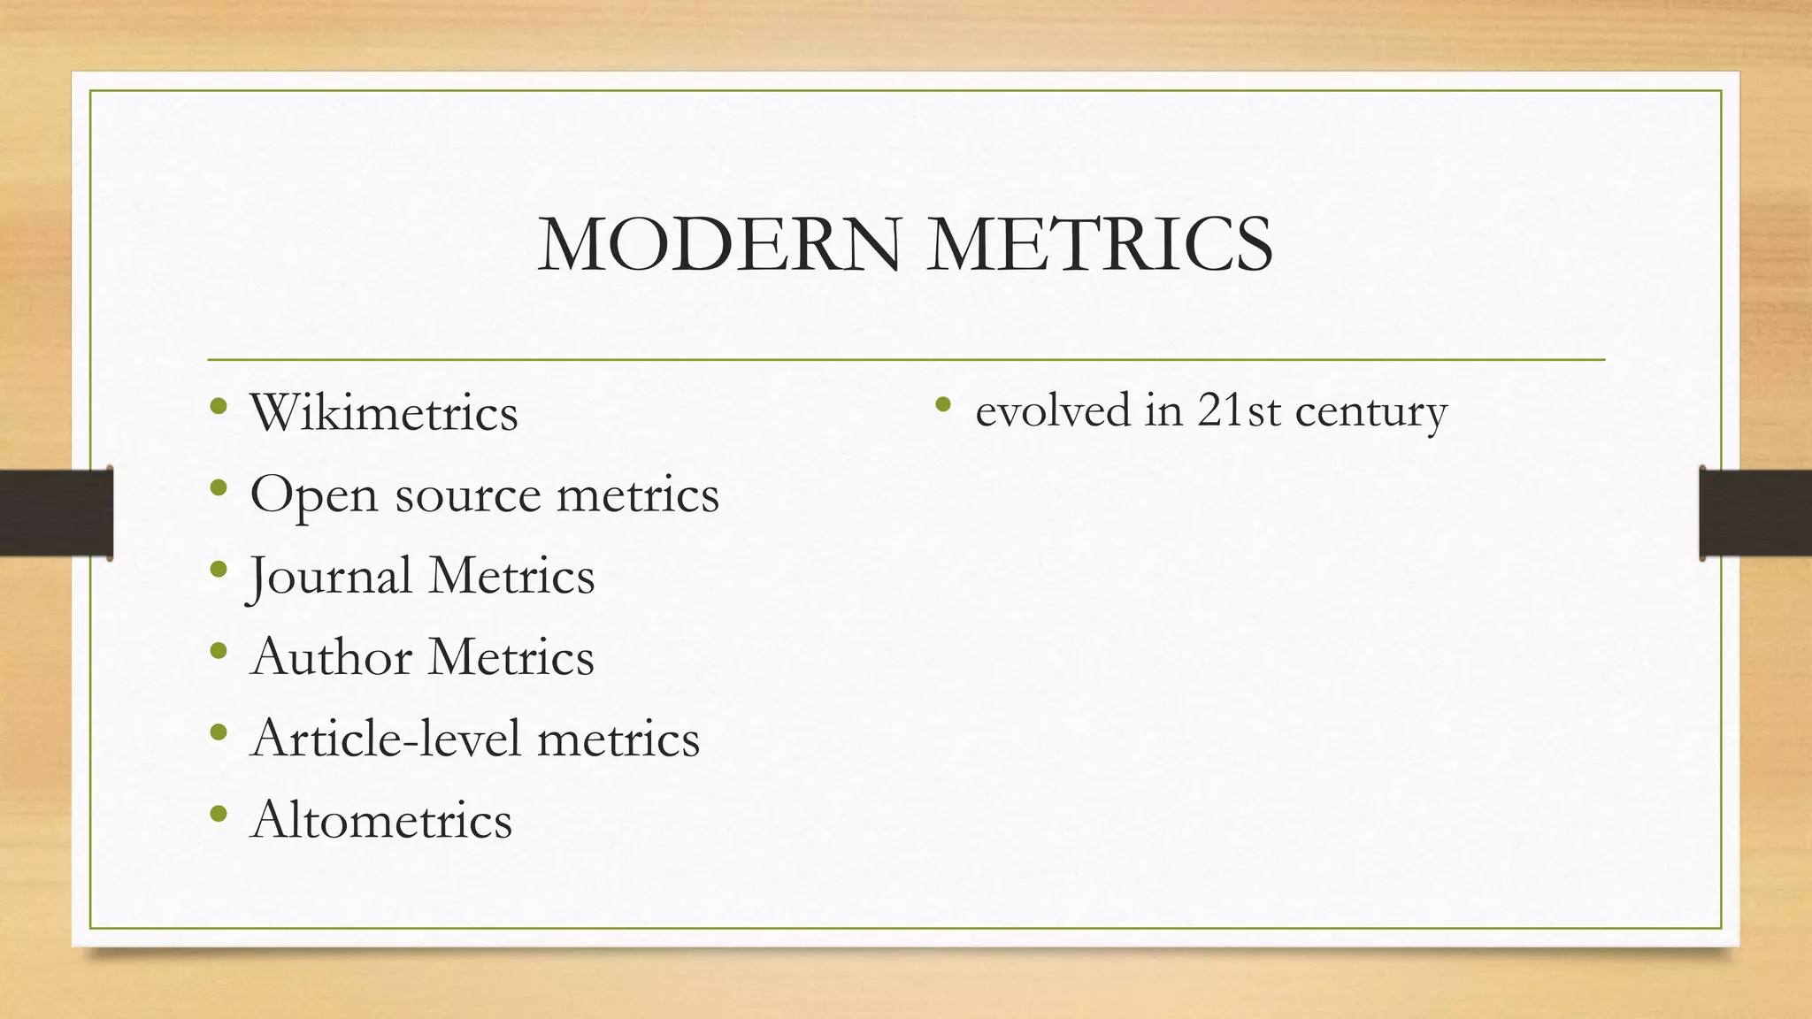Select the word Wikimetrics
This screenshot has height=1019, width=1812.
click(x=384, y=413)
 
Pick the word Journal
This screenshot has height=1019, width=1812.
click(x=330, y=577)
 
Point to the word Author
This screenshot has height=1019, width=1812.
click(x=332, y=657)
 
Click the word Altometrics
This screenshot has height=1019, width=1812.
click(x=381, y=820)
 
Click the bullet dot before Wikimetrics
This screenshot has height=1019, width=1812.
click(x=219, y=407)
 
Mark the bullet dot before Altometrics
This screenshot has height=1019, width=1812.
click(x=219, y=814)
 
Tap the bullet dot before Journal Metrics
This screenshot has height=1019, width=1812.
click(x=219, y=570)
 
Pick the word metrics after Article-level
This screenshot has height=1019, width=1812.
click(x=618, y=739)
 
